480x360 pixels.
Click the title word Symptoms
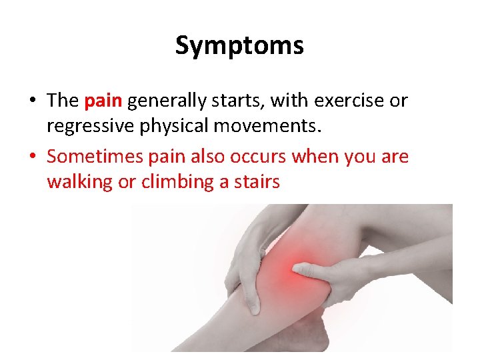click(239, 45)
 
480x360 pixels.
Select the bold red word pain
click(103, 101)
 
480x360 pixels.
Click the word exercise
click(351, 101)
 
